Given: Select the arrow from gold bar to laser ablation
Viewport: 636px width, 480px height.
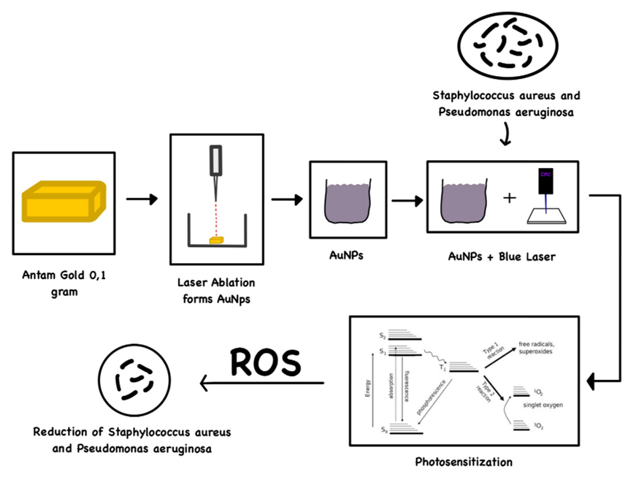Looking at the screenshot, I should point(142,199).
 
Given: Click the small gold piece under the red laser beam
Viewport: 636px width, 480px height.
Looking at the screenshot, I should point(216,240).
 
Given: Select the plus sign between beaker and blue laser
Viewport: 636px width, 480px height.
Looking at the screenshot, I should point(509,198).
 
